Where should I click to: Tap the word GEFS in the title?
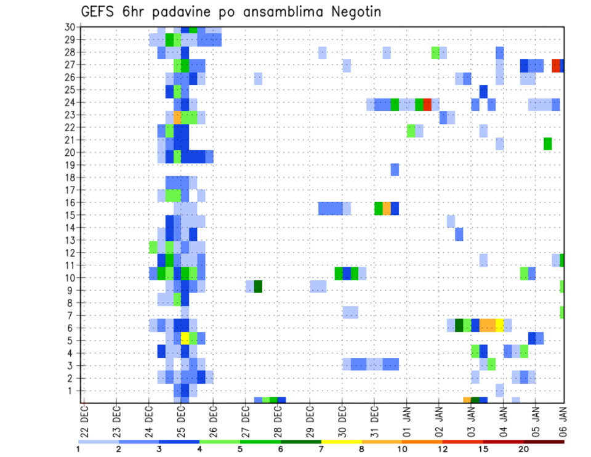pyautogui.click(x=100, y=12)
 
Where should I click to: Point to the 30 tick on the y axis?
pyautogui.click(x=70, y=27)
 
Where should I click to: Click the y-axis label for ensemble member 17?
pyautogui.click(x=70, y=190)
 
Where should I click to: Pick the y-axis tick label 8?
pyautogui.click(x=71, y=302)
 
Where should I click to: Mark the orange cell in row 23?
pyautogui.click(x=177, y=115)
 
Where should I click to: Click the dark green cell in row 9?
pyautogui.click(x=258, y=287)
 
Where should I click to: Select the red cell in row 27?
pyautogui.click(x=556, y=65)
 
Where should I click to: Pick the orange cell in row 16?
pyautogui.click(x=387, y=208)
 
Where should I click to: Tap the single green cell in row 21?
pyautogui.click(x=547, y=144)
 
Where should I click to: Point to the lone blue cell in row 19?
pyautogui.click(x=395, y=169)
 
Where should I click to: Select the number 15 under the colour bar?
pyautogui.click(x=483, y=449)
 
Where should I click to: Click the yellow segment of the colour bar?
pyautogui.click(x=341, y=442)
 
